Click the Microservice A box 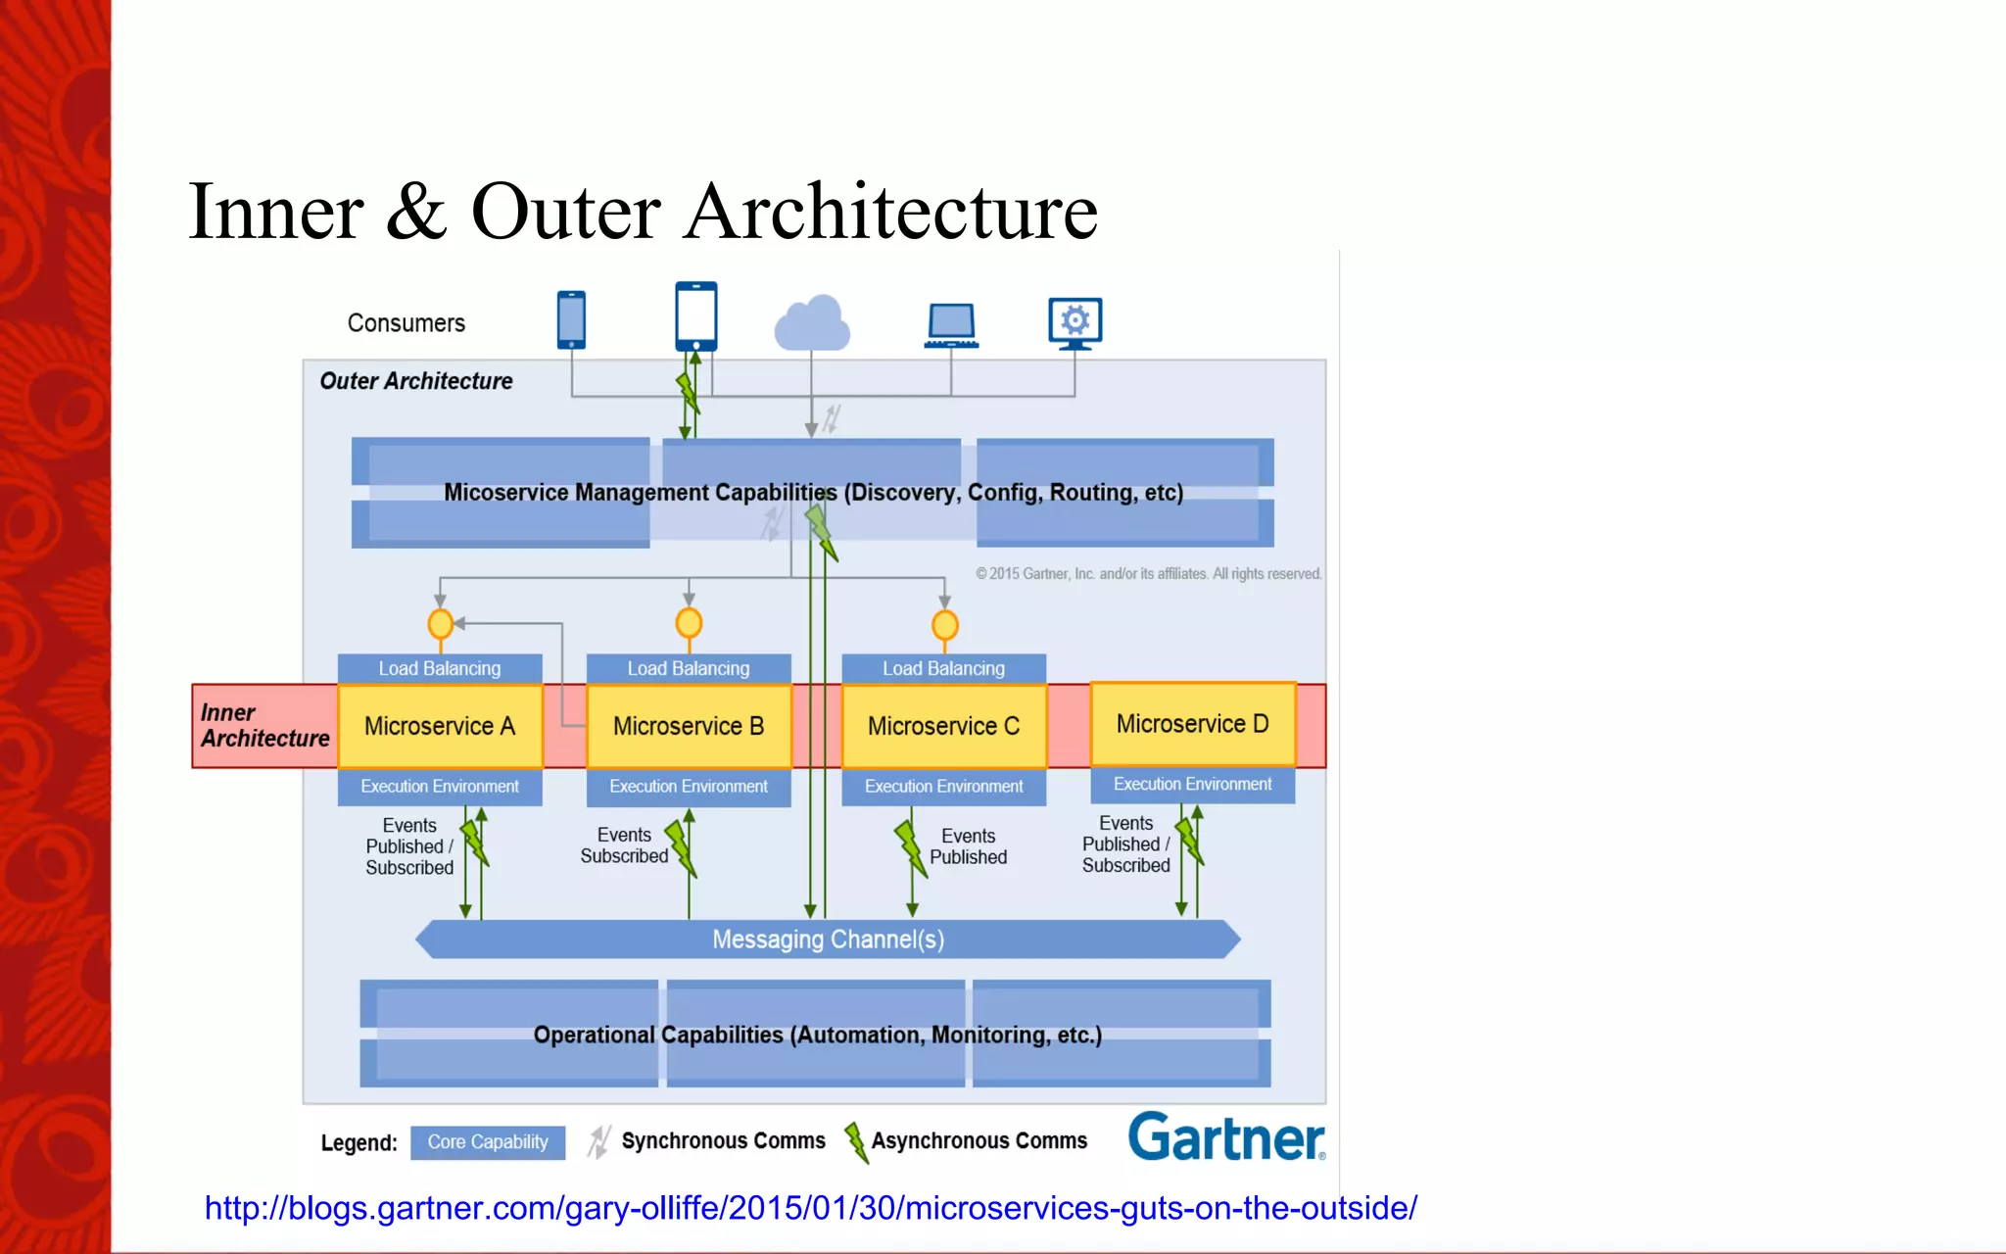tap(440, 726)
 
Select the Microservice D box tap(1192, 724)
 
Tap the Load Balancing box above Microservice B tap(689, 668)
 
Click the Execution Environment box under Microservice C tap(943, 787)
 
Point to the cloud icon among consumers tap(812, 323)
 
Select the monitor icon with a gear tap(1075, 322)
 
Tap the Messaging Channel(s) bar tap(828, 940)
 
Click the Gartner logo tap(1226, 1137)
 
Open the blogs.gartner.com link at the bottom tap(810, 1208)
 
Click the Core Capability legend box tap(488, 1142)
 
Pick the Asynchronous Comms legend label tap(979, 1141)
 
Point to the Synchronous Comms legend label tap(723, 1141)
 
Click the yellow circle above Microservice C tap(944, 624)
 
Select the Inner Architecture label tap(264, 726)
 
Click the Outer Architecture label tap(416, 381)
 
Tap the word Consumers tap(406, 323)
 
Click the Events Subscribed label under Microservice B tap(624, 845)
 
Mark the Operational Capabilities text tap(817, 1036)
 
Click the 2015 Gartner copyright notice tap(1148, 574)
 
